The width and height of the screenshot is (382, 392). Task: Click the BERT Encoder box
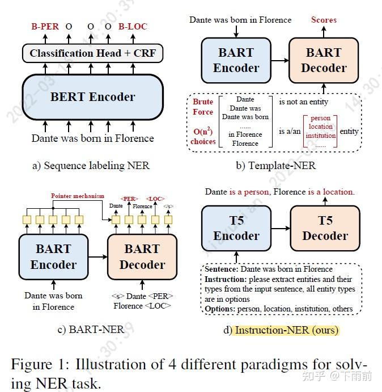tap(93, 97)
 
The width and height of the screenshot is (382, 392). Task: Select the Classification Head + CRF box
tap(93, 54)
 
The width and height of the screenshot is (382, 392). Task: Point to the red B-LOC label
tap(132, 26)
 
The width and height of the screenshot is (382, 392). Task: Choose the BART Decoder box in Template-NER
tap(324, 61)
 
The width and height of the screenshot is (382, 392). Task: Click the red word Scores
tap(324, 20)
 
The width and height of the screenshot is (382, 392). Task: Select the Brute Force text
tap(203, 107)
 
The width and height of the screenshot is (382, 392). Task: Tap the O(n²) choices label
tap(203, 136)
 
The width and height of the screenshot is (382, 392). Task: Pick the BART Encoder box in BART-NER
tap(53, 257)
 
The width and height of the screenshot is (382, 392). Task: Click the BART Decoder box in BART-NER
tap(142, 257)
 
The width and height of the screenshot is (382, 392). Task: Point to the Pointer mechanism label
tap(78, 196)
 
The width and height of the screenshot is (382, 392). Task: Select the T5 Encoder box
tap(236, 229)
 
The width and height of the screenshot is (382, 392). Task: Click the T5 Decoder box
tap(325, 229)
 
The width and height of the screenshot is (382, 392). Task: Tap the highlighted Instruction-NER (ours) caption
tap(286, 330)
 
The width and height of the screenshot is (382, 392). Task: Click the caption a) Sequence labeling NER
tap(91, 166)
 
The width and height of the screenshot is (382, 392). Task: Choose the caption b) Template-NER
tap(276, 166)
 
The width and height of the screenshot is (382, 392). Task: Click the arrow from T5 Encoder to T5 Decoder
tap(280, 229)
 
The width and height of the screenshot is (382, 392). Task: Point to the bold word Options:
tap(220, 309)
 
